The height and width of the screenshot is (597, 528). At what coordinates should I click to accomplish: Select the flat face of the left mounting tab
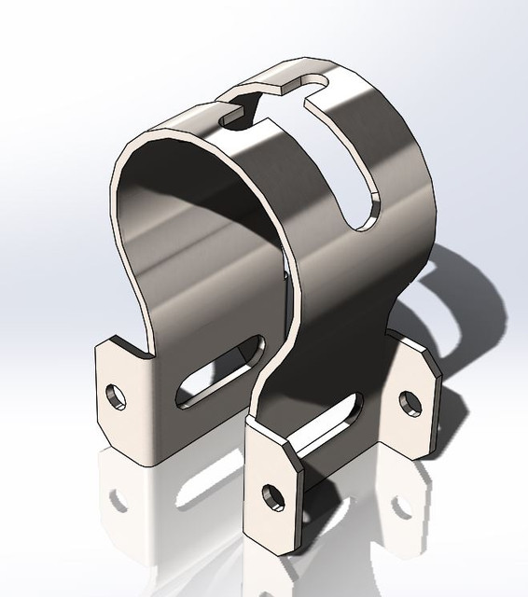121,410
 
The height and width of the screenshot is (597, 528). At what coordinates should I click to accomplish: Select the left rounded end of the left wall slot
186,392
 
